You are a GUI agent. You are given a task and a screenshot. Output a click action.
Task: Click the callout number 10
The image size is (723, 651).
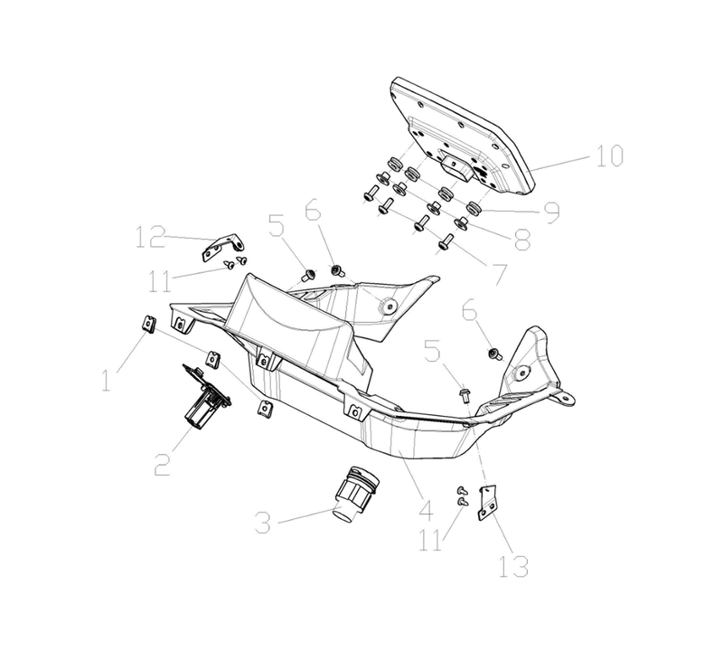pos(609,156)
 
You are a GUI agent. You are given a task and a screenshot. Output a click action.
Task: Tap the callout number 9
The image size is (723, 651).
pos(551,212)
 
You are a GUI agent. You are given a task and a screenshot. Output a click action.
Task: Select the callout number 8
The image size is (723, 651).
pos(522,240)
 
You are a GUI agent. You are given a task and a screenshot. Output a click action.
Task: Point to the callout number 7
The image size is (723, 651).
pos(499,275)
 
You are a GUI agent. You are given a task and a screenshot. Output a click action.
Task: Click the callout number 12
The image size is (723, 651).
pos(150,237)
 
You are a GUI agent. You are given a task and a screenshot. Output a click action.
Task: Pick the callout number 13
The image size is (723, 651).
pos(513,566)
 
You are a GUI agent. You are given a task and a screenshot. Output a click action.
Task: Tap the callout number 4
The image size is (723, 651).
pos(426,511)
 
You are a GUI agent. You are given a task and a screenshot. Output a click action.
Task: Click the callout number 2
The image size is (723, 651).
pos(162,465)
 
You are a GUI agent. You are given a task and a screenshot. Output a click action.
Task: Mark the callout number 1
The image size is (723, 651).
pos(107,381)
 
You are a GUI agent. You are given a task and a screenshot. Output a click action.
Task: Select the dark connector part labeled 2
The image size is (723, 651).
pos(206,392)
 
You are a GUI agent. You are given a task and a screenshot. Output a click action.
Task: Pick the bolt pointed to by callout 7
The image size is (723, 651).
pos(446,242)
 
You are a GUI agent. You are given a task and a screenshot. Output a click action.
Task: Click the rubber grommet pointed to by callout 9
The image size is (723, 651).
pos(473,208)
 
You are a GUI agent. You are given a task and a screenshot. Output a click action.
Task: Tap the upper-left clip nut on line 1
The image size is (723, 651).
pos(147,324)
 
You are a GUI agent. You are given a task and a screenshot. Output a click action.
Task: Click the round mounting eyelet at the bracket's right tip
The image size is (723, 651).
pos(567,396)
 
